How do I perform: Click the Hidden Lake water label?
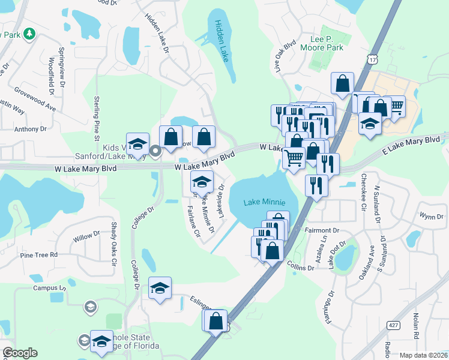(x=220, y=41)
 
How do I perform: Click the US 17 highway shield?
(x=373, y=59)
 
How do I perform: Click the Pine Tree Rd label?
(x=38, y=255)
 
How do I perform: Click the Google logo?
(x=20, y=353)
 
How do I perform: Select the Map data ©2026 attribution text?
(x=423, y=355)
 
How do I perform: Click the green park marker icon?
(x=28, y=36)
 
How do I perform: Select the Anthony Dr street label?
(x=30, y=128)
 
